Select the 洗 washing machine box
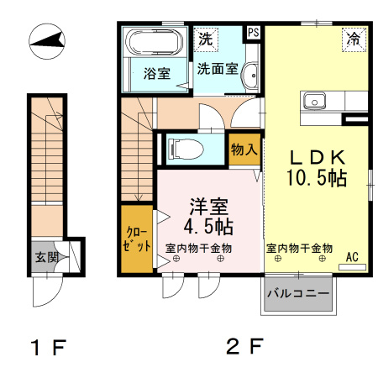point(206,38)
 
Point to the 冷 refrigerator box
point(354,39)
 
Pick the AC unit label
point(351,258)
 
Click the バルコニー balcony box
point(298,294)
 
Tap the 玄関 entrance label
point(46,257)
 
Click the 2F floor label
point(245,346)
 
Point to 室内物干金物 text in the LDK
point(300,249)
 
